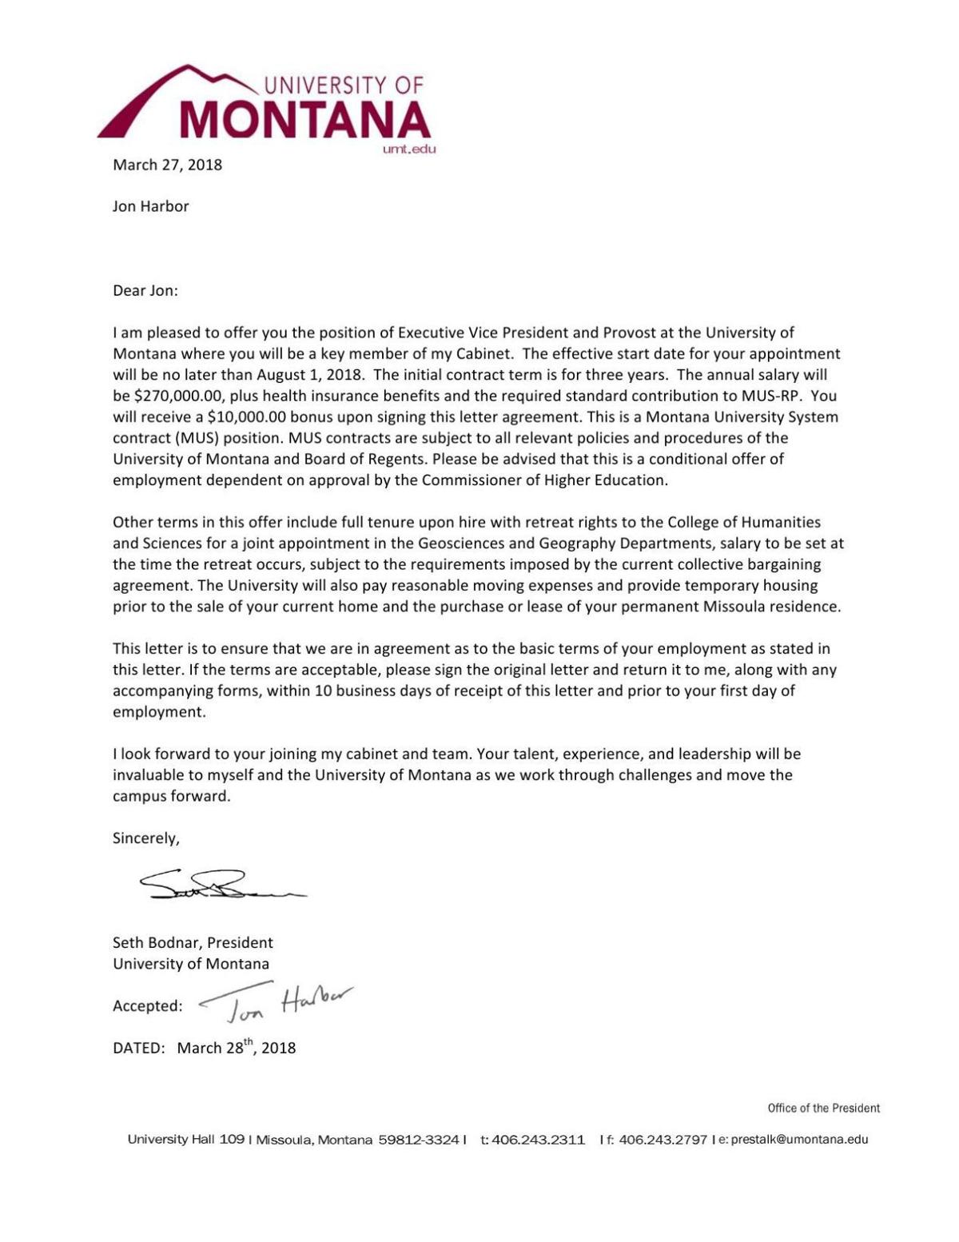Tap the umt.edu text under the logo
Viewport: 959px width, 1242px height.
(x=409, y=149)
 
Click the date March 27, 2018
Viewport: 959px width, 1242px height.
(x=167, y=165)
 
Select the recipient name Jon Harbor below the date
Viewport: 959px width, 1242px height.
(x=150, y=206)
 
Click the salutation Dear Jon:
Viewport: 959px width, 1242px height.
(x=145, y=290)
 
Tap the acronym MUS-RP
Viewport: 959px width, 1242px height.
(x=766, y=396)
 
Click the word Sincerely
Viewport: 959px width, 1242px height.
(x=145, y=838)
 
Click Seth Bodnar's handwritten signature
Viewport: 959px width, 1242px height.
(x=220, y=886)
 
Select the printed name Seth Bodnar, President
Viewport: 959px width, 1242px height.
(x=193, y=942)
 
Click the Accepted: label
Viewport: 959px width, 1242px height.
(x=147, y=1006)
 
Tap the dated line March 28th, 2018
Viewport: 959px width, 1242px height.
(x=236, y=1047)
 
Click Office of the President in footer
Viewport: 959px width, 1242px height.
(x=823, y=1108)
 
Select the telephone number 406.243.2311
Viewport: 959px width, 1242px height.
(x=538, y=1140)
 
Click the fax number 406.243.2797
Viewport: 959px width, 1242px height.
(x=662, y=1140)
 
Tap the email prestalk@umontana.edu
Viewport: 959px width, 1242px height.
(x=798, y=1140)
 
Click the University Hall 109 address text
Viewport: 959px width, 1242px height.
(x=185, y=1139)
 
